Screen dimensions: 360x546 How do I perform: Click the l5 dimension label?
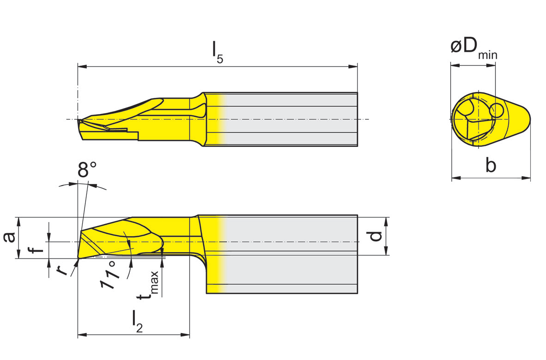click(x=218, y=52)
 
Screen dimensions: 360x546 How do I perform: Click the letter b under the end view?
click(x=491, y=164)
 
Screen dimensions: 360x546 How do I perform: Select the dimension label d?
click(x=376, y=235)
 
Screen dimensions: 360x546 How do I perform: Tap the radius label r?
click(x=62, y=270)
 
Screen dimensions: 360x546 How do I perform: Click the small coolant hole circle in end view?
click(x=497, y=110)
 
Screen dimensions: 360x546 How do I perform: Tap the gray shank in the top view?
click(x=291, y=119)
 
